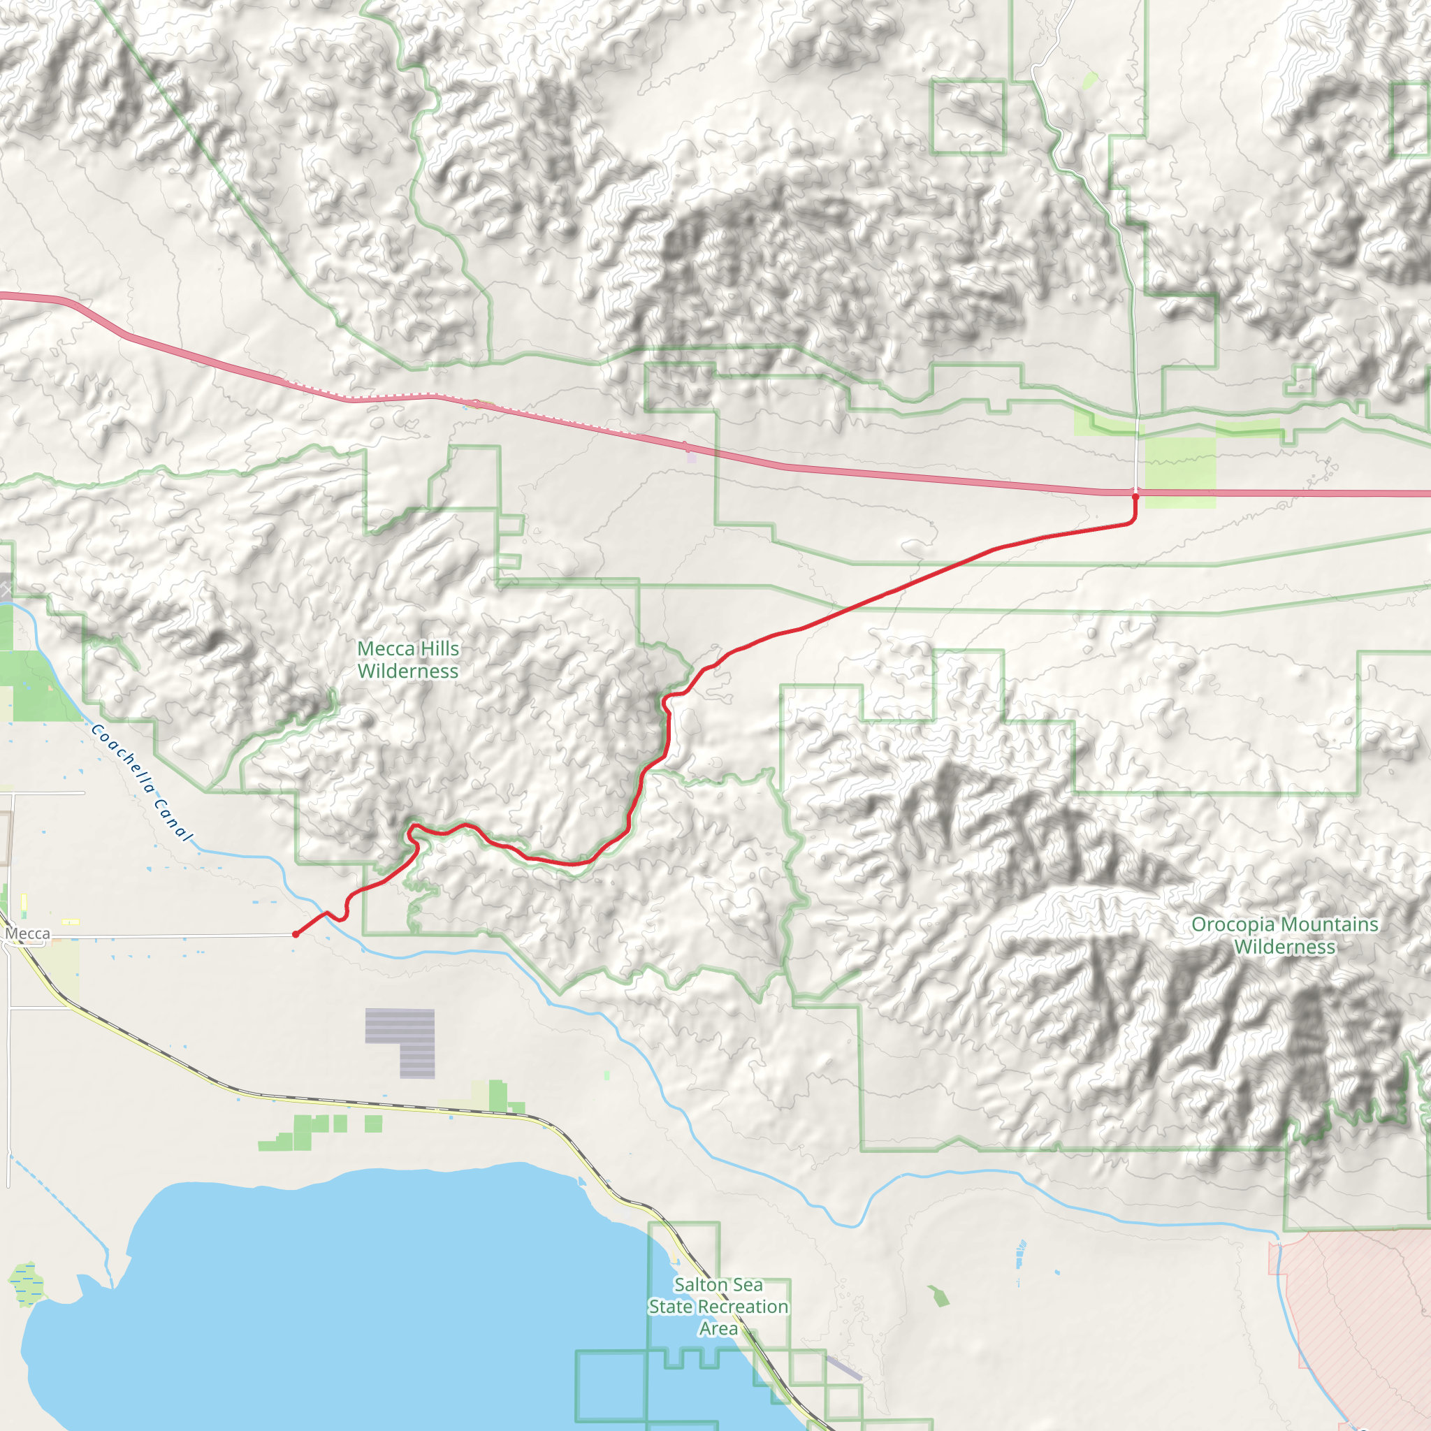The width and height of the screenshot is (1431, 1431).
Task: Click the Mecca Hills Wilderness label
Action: (x=408, y=659)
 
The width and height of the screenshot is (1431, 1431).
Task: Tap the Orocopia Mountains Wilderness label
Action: (x=1284, y=936)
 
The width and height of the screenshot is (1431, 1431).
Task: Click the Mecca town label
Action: (x=27, y=934)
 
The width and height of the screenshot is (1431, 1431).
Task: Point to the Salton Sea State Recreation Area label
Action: (x=718, y=1307)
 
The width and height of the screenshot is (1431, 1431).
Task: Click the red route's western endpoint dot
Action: (x=296, y=934)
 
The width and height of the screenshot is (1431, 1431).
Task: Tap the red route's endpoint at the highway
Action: (x=1135, y=497)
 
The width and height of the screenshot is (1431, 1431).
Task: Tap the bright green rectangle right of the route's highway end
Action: (x=1180, y=472)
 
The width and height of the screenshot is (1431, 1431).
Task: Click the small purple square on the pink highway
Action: (x=691, y=457)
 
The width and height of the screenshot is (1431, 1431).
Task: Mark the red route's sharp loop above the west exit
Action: (x=412, y=832)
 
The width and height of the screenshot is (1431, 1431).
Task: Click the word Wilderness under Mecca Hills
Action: (x=408, y=671)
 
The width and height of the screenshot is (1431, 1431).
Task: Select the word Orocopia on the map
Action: (x=1233, y=924)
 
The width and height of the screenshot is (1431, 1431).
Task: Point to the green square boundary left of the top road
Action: (x=967, y=117)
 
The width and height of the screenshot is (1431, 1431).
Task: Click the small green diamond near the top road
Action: (x=1089, y=81)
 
